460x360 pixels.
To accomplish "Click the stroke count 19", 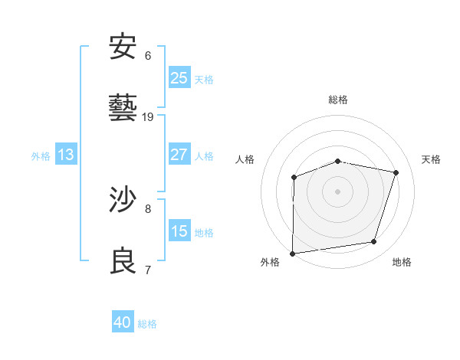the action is [x=148, y=116].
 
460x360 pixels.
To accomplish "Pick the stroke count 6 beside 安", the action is [x=148, y=56].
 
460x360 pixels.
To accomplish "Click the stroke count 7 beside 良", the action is [x=148, y=270].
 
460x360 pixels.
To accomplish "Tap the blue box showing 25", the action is [x=179, y=78].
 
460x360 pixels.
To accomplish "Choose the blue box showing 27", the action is [x=179, y=155].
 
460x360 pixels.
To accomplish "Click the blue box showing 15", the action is [x=179, y=231].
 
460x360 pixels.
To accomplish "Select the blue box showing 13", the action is [x=66, y=155].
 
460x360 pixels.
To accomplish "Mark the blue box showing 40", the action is [x=123, y=322].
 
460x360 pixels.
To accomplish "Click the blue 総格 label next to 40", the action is [x=147, y=324].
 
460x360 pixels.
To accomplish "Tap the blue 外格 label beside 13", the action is [x=41, y=156].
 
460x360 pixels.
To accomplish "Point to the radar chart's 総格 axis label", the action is [x=338, y=100].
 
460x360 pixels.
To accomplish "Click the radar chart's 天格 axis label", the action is [x=432, y=159].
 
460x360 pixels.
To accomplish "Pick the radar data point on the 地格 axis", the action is [x=374, y=242].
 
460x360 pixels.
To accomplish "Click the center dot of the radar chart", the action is [x=338, y=191].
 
